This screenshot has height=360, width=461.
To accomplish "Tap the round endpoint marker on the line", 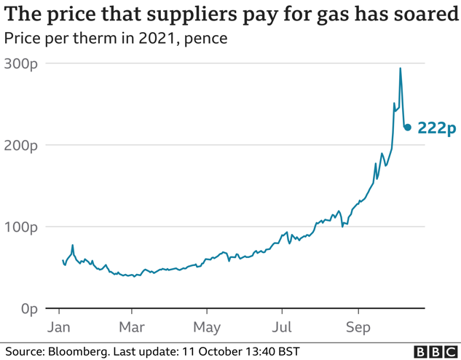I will [x=408, y=127].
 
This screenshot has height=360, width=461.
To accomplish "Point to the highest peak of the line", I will [x=401, y=69].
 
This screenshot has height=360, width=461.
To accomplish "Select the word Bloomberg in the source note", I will [x=78, y=351].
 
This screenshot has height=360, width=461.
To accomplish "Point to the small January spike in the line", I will [x=72, y=246].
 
